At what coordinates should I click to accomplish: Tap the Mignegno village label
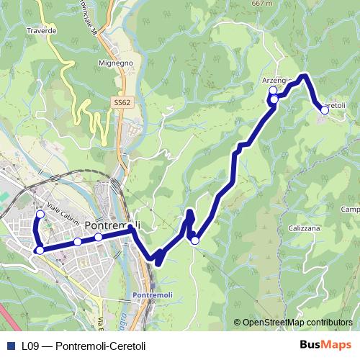pyautogui.click(x=116, y=63)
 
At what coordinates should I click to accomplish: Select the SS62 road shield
pyautogui.click(x=122, y=103)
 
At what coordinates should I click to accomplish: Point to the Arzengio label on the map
pyautogui.click(x=278, y=80)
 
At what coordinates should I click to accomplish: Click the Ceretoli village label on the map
pyautogui.click(x=333, y=105)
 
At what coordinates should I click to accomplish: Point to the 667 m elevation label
pyautogui.click(x=264, y=4)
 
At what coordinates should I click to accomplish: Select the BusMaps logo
pyautogui.click(x=326, y=346)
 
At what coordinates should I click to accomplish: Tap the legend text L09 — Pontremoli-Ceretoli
pyautogui.click(x=84, y=346)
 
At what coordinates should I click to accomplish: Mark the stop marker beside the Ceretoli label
pyautogui.click(x=325, y=109)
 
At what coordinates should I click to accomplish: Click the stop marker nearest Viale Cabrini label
pyautogui.click(x=40, y=214)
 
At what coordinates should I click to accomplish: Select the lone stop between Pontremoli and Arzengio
pyautogui.click(x=194, y=240)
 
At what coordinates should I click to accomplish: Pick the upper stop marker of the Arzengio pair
pyautogui.click(x=273, y=91)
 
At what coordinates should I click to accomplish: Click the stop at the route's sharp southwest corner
pyautogui.click(x=40, y=250)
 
